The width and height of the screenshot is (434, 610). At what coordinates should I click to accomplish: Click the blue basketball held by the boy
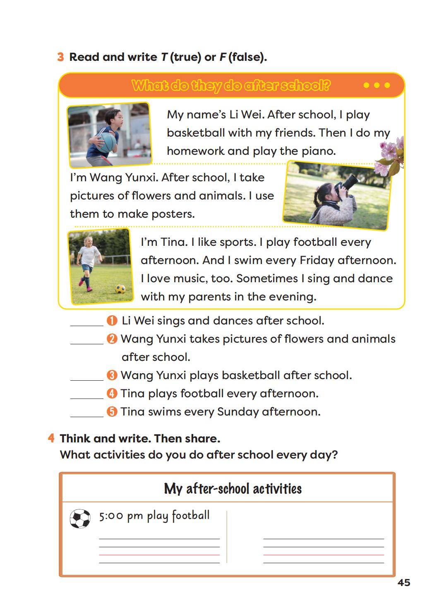click(x=107, y=142)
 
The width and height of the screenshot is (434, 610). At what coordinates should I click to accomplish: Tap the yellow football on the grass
click(x=120, y=288)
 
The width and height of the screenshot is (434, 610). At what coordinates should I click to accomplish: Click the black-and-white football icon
click(x=80, y=519)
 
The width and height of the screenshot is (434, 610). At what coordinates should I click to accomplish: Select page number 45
click(x=404, y=583)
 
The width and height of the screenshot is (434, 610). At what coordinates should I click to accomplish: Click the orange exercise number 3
click(x=60, y=57)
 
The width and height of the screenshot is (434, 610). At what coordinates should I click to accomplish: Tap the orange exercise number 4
click(x=51, y=438)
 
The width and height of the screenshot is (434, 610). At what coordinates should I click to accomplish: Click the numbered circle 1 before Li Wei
click(x=112, y=321)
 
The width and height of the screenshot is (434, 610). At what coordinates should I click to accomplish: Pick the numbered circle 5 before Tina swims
click(x=112, y=412)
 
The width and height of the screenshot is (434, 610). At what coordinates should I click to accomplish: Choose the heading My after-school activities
click(x=233, y=489)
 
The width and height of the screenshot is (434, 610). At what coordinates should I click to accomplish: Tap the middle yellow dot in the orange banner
click(x=376, y=85)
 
